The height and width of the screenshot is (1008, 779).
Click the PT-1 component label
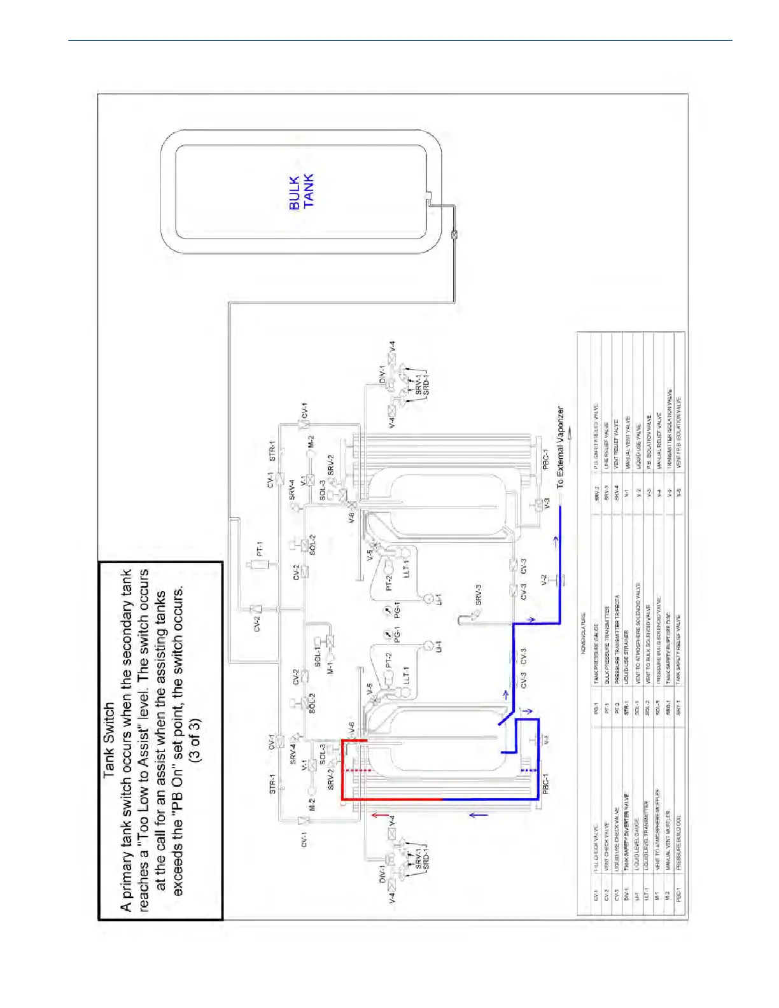pos(259,549)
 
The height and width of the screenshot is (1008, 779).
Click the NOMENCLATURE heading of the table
pos(583,633)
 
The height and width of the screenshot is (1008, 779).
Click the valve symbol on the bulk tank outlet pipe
pos(454,235)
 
